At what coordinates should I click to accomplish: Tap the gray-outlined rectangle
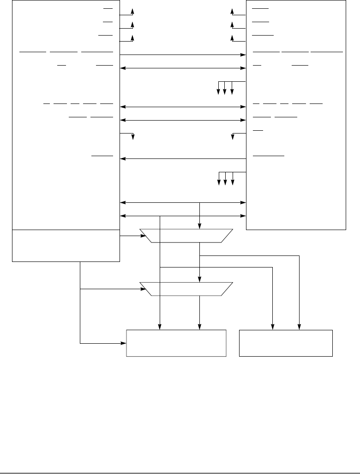tap(176, 343)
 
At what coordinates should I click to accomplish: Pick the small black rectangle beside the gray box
tap(286, 343)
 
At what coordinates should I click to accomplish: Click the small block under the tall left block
tap(66, 245)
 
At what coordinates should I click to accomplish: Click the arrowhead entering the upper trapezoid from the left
tap(144, 236)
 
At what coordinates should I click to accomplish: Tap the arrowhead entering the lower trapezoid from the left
tap(144, 289)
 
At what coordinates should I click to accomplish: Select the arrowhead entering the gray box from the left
tap(125, 343)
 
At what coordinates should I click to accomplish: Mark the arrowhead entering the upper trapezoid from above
tap(199, 226)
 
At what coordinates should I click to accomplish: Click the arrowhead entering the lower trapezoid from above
tap(199, 280)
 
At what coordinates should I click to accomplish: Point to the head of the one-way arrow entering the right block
tap(243, 55)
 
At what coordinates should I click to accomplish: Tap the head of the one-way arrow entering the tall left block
tap(123, 159)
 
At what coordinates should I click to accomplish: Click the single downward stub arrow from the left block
tap(133, 137)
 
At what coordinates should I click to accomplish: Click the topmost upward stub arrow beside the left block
tap(133, 11)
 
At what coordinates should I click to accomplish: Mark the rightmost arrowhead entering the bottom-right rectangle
tap(300, 328)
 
